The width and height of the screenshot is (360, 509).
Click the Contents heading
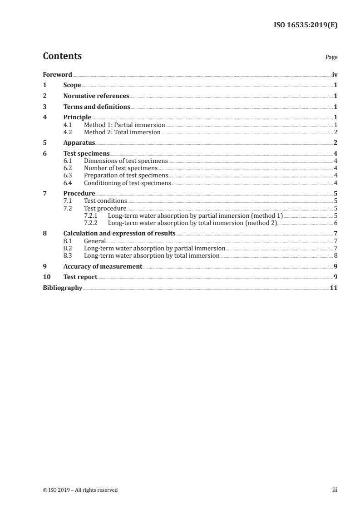coord(62,56)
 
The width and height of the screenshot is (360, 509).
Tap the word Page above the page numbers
coord(331,58)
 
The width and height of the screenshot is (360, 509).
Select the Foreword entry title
coord(57,74)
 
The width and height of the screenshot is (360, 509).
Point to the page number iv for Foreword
coord(335,74)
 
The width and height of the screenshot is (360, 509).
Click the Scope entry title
coord(72,85)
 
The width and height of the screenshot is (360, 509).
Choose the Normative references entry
coord(96,96)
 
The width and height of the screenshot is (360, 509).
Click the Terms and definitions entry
coord(97,107)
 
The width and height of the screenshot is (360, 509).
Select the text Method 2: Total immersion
coord(122,132)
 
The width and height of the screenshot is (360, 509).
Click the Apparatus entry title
coord(79,143)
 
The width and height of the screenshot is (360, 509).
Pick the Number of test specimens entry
coord(120,168)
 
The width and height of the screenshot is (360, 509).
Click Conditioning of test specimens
coord(127,183)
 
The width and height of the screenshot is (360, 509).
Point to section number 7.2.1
coord(93,215)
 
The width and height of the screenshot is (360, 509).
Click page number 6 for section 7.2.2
coord(335,223)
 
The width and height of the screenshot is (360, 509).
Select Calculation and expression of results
coord(119,234)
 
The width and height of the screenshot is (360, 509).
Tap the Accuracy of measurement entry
coord(103,266)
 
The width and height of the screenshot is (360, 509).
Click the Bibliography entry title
coord(62,288)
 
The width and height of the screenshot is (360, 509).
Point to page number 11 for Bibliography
coord(334,288)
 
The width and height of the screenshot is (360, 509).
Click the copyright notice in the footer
coord(80,490)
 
